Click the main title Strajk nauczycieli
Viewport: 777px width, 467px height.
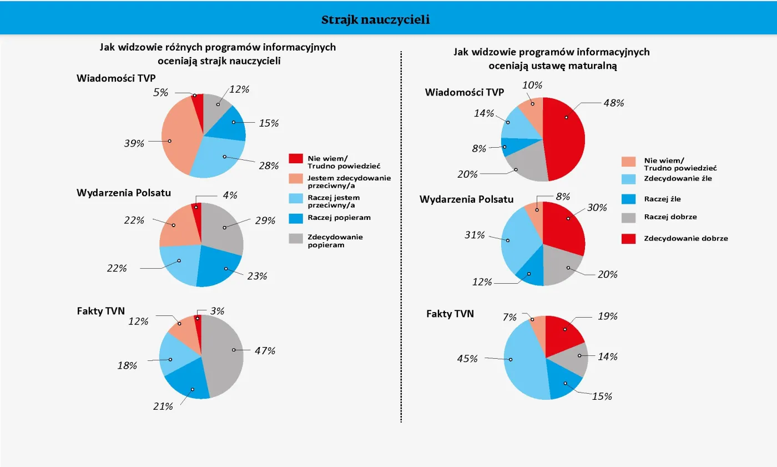click(x=375, y=20)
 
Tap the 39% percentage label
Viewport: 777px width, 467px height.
click(x=134, y=143)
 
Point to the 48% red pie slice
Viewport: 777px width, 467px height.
click(x=566, y=139)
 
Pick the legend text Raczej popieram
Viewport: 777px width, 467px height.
click(x=339, y=217)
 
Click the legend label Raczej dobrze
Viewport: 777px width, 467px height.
click(x=670, y=217)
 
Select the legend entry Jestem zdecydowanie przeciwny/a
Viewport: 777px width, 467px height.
click(x=349, y=181)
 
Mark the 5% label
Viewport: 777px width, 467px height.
click(x=161, y=93)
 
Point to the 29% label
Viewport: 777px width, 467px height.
click(x=265, y=220)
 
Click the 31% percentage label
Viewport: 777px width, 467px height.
click(x=475, y=235)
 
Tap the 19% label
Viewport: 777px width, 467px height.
click(x=608, y=316)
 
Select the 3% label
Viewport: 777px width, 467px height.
click(x=218, y=311)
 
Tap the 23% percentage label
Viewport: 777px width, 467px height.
click(x=257, y=275)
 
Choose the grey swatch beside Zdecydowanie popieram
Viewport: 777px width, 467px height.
click(x=296, y=238)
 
